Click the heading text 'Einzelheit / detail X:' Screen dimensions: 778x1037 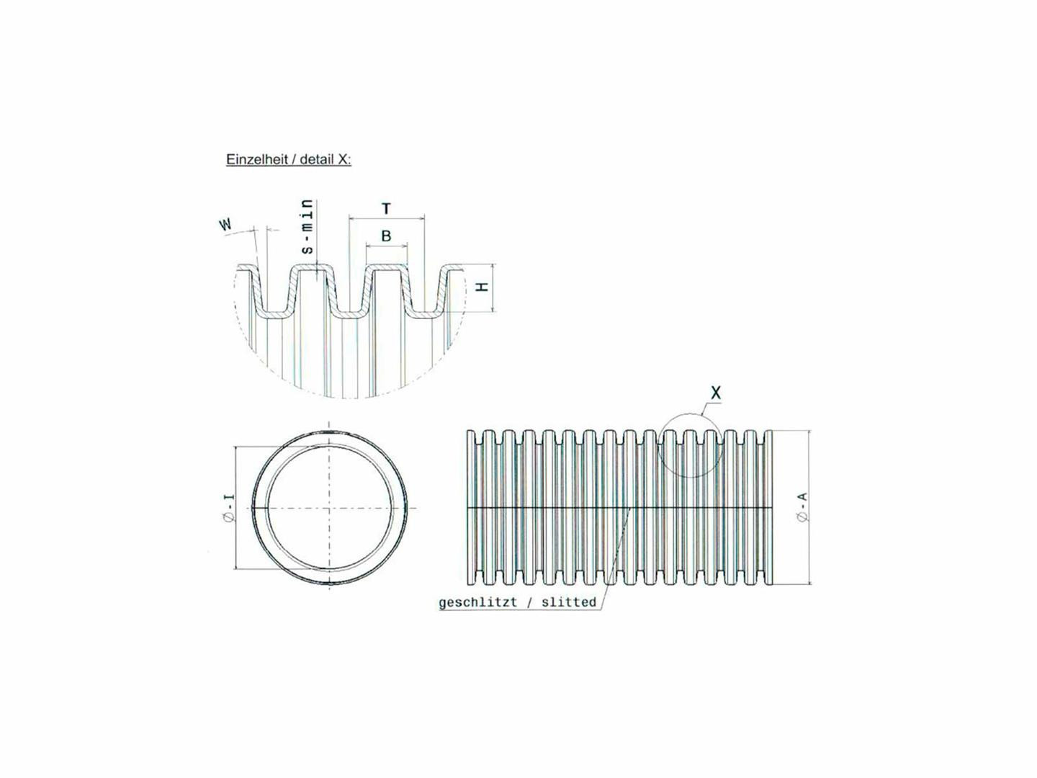click(288, 159)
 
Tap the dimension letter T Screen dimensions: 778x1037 click(386, 209)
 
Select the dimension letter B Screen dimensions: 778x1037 click(386, 236)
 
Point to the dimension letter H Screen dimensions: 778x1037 click(483, 286)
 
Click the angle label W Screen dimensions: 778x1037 click(226, 225)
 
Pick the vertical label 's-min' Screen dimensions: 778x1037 click(307, 227)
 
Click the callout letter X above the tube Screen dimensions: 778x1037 click(715, 393)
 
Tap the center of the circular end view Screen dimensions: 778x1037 click(330, 509)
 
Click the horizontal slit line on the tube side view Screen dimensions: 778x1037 click(547, 509)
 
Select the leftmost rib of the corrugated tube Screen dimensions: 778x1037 click(472, 507)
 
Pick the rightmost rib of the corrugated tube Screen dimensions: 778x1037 click(768, 507)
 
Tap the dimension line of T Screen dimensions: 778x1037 click(386, 218)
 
